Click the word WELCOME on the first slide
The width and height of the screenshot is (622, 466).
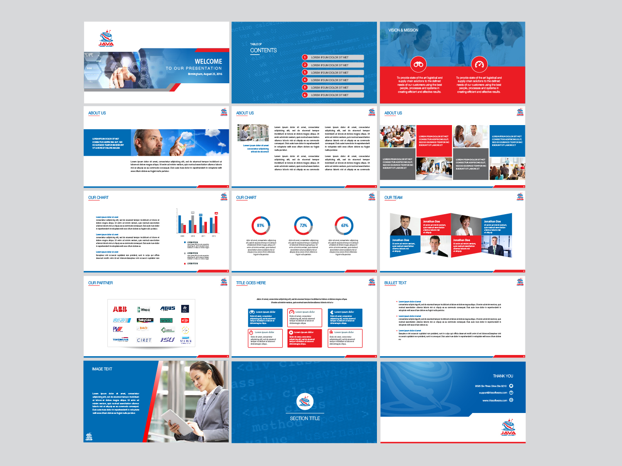click(x=208, y=61)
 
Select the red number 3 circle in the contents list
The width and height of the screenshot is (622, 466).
click(x=305, y=72)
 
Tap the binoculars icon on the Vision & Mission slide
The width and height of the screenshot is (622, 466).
click(x=418, y=64)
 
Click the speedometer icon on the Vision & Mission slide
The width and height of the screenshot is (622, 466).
click(x=479, y=64)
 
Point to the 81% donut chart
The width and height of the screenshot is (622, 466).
click(x=261, y=226)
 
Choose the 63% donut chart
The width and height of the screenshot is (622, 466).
click(x=344, y=226)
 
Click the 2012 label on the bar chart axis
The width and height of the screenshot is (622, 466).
click(x=214, y=236)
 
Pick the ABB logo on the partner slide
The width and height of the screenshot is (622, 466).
click(x=120, y=309)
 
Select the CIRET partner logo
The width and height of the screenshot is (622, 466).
click(x=144, y=340)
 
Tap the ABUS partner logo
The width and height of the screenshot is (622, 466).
click(x=168, y=309)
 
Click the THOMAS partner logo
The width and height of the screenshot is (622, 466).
click(x=121, y=340)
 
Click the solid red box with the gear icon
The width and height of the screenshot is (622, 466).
click(x=304, y=338)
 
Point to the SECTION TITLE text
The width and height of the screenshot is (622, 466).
click(x=305, y=418)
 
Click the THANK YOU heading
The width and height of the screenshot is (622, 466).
click(x=503, y=376)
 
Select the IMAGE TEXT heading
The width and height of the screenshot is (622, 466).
click(x=102, y=369)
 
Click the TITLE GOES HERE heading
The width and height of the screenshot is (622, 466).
click(x=251, y=283)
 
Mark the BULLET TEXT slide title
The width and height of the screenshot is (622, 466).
click(x=395, y=283)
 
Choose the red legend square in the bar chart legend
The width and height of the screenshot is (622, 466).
click(x=185, y=263)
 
